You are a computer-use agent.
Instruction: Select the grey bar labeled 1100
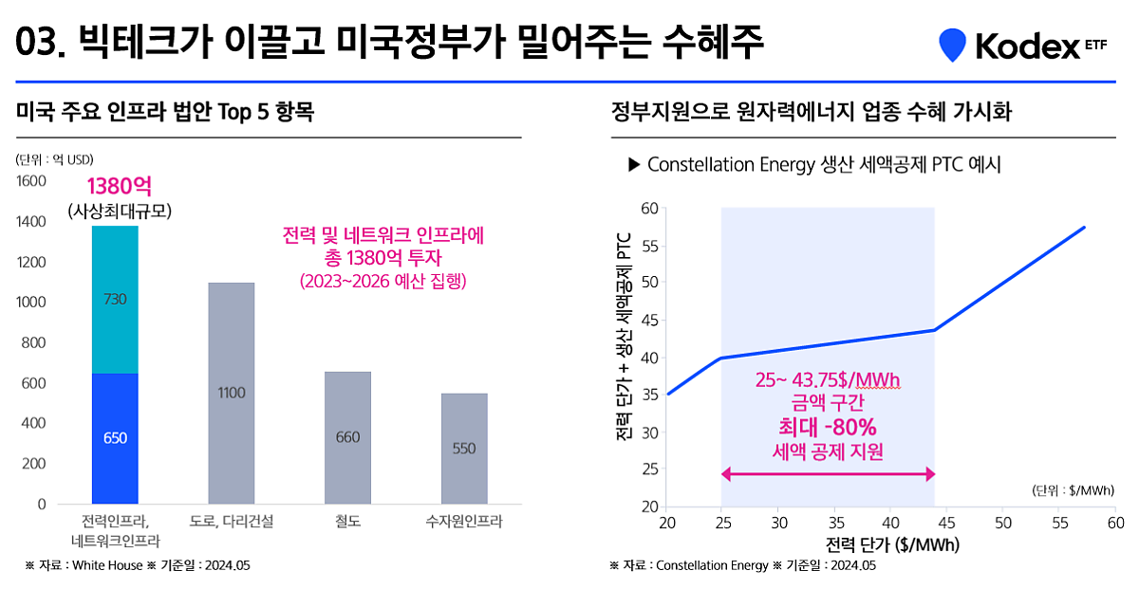tap(232, 393)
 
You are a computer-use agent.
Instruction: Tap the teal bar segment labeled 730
tap(115, 300)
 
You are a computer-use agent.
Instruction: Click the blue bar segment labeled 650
tap(115, 438)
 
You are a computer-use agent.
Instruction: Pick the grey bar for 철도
tap(347, 437)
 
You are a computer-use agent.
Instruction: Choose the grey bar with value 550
tap(464, 449)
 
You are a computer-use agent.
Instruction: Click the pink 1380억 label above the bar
tap(124, 186)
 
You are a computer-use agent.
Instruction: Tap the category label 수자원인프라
tap(464, 522)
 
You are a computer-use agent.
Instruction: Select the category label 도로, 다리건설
tap(232, 522)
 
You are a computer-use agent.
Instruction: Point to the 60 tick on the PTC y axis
tap(649, 208)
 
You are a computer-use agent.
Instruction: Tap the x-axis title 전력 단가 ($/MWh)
tap(891, 545)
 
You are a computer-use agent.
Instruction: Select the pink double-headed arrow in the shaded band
tap(829, 473)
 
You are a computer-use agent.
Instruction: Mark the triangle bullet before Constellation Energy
tap(634, 165)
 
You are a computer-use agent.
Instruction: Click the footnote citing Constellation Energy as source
tap(742, 565)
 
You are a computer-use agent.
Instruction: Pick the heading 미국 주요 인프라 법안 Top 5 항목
tap(165, 113)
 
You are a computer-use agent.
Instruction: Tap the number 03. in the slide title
tap(40, 43)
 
